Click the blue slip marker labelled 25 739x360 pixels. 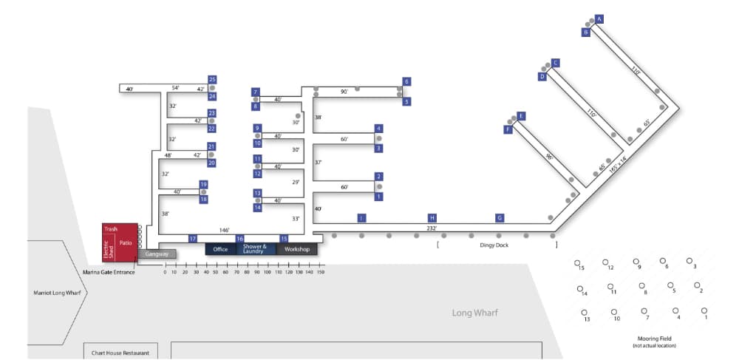212,79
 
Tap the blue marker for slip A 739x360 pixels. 599,18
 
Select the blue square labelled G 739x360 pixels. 500,218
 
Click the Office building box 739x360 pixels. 220,249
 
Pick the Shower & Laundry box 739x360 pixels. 254,249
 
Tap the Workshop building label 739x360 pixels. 296,249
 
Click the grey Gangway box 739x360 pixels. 157,254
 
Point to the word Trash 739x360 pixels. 111,229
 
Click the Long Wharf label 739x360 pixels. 475,313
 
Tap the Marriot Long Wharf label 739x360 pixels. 56,293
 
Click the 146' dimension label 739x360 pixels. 224,230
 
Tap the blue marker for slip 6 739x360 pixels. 406,81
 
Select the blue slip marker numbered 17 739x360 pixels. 193,239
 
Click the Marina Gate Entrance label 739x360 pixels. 109,273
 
